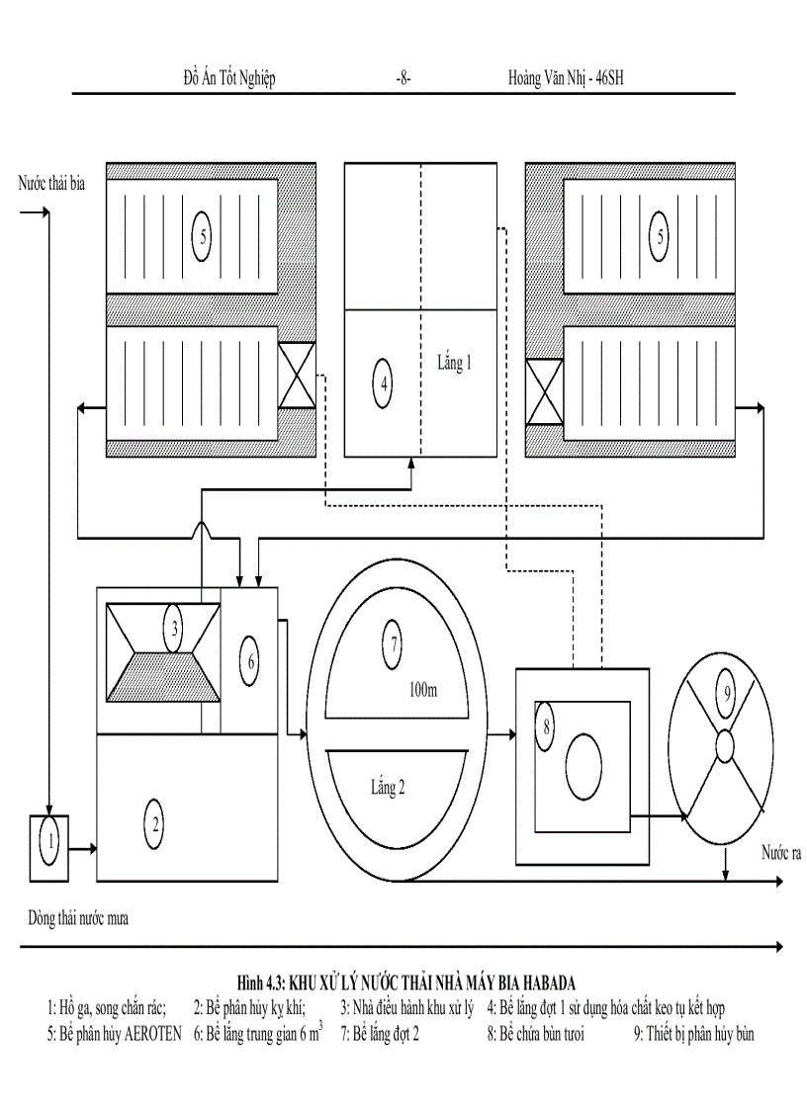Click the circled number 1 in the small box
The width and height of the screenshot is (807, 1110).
tap(47, 842)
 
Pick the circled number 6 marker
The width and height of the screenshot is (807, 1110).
tap(250, 660)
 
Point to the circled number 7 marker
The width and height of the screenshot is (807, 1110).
tap(394, 644)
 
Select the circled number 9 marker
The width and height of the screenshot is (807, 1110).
tap(727, 693)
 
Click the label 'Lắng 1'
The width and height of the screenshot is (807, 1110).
tap(454, 363)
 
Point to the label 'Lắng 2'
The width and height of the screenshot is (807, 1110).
tap(388, 788)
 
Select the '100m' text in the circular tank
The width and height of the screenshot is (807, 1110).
tap(422, 690)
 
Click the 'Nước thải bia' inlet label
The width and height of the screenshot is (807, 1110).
tap(52, 184)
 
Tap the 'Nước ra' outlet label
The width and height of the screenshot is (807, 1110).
tap(779, 852)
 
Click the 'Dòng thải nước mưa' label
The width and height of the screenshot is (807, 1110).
tap(78, 917)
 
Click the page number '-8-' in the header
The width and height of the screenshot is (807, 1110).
tap(403, 78)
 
